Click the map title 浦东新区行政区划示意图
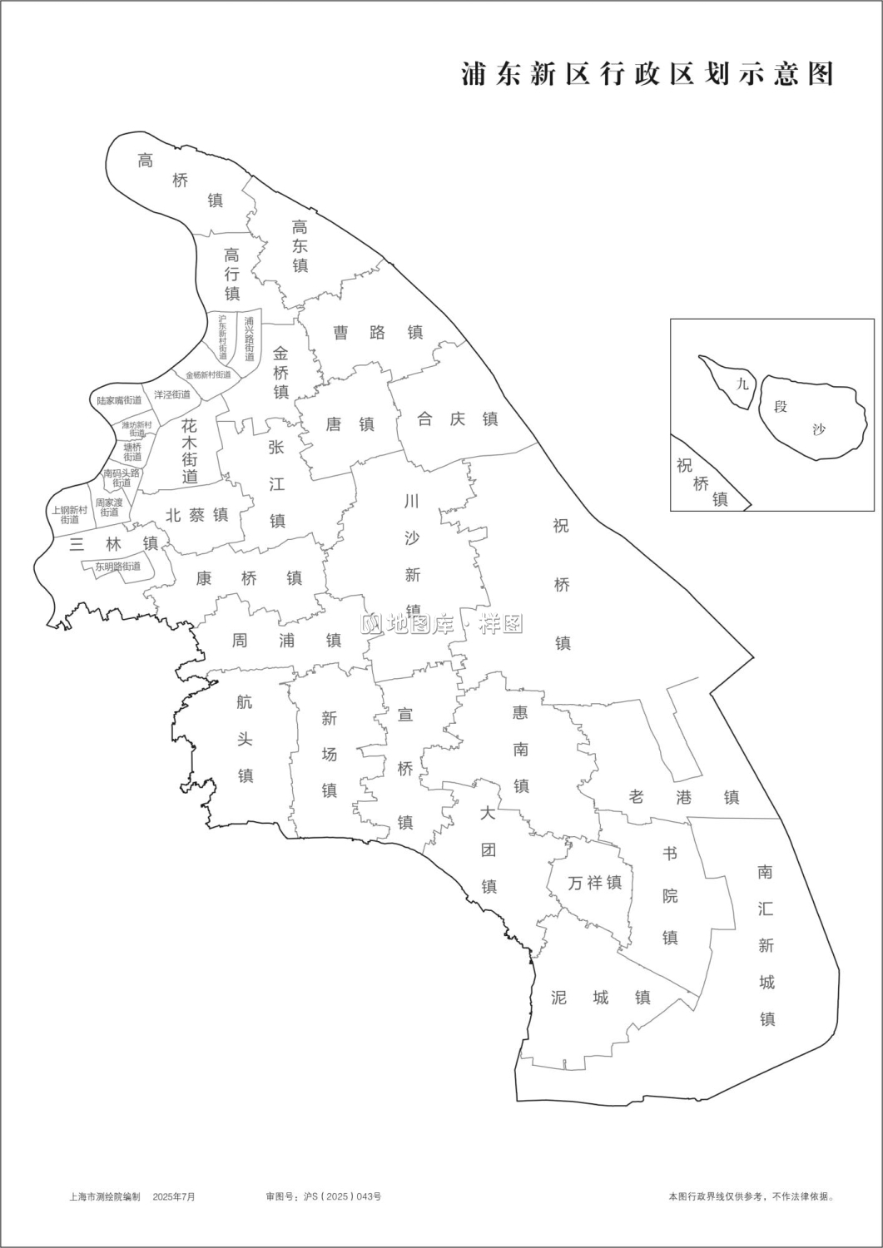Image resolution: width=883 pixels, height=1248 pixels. click(x=647, y=74)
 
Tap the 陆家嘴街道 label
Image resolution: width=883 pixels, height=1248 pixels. click(x=119, y=400)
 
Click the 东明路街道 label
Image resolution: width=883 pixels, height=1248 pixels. click(x=117, y=567)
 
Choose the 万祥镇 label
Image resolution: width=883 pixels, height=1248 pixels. click(x=594, y=883)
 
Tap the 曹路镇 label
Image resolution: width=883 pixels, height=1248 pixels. click(x=378, y=333)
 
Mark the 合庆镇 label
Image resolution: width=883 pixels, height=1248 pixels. click(x=457, y=419)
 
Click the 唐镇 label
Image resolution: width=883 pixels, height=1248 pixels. click(x=350, y=424)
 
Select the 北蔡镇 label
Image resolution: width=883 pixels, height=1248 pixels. click(x=196, y=515)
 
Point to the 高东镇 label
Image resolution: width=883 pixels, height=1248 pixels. click(x=300, y=245)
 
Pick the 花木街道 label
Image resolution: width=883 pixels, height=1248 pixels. click(x=190, y=450)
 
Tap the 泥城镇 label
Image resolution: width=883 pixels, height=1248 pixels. click(x=600, y=997)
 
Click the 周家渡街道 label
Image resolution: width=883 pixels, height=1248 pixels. click(x=109, y=508)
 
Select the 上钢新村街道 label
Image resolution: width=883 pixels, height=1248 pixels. click(x=69, y=515)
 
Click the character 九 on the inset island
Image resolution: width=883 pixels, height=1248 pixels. click(x=742, y=384)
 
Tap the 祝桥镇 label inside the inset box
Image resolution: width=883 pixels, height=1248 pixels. click(x=702, y=483)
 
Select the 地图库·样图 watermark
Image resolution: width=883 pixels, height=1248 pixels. click(x=442, y=624)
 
